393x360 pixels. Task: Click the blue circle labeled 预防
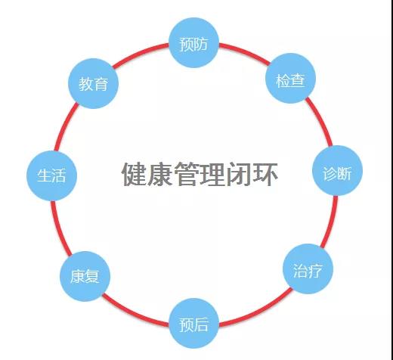193,43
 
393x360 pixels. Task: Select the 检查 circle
290,78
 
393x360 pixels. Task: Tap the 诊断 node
337,171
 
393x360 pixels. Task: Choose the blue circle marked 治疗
308,268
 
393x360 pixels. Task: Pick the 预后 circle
193,324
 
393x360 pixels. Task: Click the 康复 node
85,276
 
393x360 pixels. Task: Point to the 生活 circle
51,175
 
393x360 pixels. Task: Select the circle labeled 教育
93,83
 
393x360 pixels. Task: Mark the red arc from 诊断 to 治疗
330,222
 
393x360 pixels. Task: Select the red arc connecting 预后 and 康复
134,313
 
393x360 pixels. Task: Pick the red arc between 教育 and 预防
140,54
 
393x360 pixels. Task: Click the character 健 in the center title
134,174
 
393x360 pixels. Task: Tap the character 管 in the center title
187,174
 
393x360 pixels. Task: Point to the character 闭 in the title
239,174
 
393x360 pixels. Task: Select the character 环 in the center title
265,174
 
